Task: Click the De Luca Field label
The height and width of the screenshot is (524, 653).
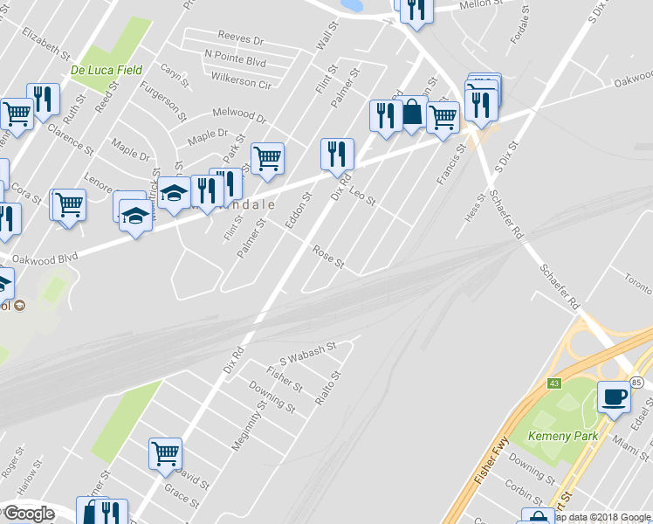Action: tap(106, 69)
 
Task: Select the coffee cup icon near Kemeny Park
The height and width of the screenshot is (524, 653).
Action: tap(614, 397)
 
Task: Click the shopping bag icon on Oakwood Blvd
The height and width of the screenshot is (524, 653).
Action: tap(412, 114)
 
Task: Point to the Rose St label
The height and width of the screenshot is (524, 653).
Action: tap(329, 257)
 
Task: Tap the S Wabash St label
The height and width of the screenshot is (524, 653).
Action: tap(307, 354)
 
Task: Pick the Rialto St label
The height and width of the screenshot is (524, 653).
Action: tap(326, 387)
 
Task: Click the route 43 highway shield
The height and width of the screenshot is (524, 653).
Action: tap(553, 383)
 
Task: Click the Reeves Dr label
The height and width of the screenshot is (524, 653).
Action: tap(241, 39)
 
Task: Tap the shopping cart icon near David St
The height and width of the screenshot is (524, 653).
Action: tap(165, 453)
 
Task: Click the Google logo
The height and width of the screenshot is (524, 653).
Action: tap(29, 514)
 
